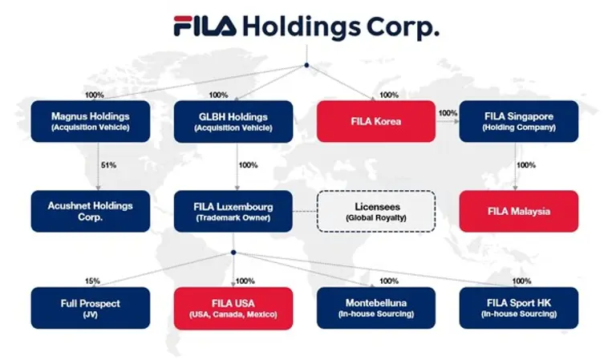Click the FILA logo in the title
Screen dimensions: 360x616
[205, 26]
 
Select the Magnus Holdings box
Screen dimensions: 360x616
[90, 122]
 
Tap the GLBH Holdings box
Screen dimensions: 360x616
[233, 122]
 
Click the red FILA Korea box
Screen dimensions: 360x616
[376, 122]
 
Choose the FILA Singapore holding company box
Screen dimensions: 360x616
[519, 122]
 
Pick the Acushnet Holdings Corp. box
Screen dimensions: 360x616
[90, 211]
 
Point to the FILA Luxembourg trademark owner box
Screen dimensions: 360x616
[233, 211]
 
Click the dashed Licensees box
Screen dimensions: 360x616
[376, 211]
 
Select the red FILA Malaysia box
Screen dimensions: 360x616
[519, 211]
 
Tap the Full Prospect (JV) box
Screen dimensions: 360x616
[90, 308]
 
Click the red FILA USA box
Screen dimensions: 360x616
[233, 308]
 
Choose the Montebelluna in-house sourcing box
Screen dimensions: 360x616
[376, 308]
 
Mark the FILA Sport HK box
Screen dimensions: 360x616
[519, 308]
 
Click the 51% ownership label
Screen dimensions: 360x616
[108, 165]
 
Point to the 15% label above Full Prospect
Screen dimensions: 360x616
[94, 281]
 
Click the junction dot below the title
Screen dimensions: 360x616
[306, 66]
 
